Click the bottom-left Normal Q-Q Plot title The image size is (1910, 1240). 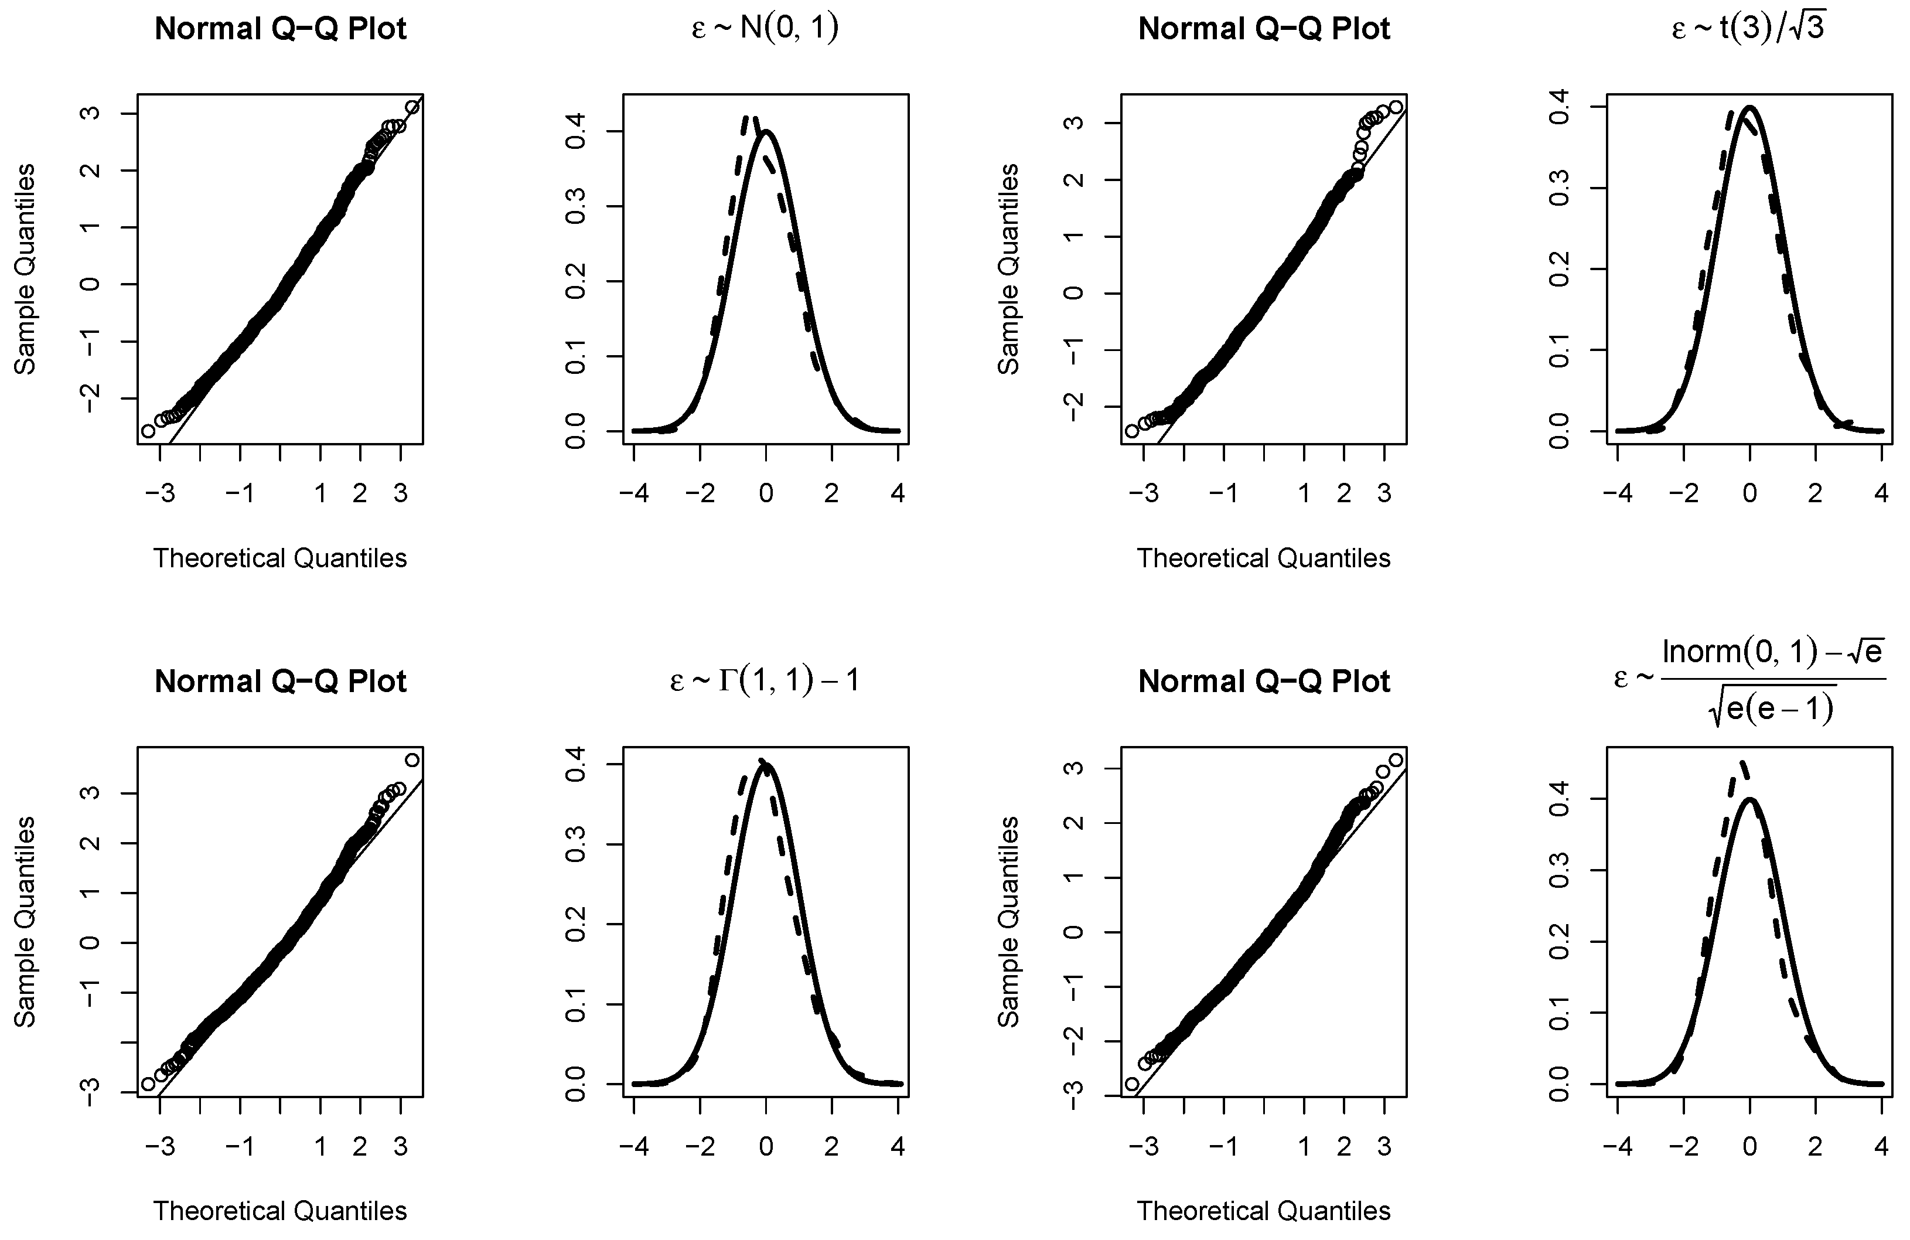[280, 682]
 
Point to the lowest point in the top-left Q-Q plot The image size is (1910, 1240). [148, 431]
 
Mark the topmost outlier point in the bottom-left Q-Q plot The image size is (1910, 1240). [412, 759]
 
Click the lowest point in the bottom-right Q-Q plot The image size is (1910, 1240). [1131, 1084]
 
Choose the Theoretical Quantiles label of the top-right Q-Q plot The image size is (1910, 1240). [1263, 558]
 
